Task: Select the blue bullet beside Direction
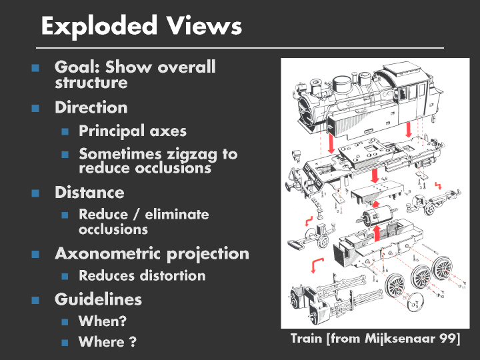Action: [x=35, y=108]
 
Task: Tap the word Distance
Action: [x=89, y=193]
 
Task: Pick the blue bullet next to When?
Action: [x=65, y=321]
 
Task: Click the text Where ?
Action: [x=107, y=342]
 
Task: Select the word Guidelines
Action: [x=98, y=299]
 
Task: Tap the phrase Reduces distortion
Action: [x=142, y=275]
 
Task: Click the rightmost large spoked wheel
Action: [x=443, y=267]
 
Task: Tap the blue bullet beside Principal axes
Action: [x=65, y=132]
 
